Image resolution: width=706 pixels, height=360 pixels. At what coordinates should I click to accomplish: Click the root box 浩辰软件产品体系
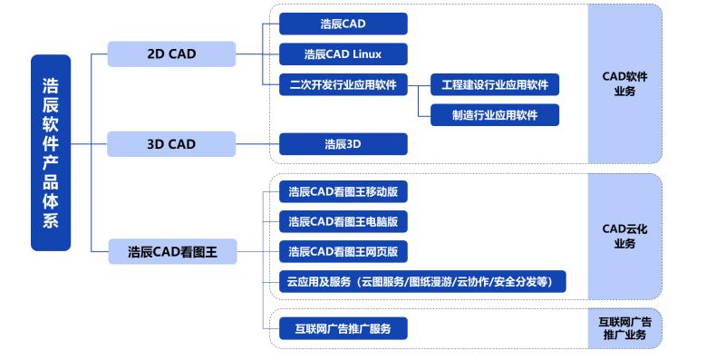click(51, 152)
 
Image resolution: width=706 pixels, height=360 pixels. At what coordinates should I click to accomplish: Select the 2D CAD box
click(170, 54)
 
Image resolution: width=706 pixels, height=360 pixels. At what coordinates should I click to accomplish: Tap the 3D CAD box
click(170, 143)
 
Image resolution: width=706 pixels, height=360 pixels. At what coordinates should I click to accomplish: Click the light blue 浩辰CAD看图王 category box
click(170, 250)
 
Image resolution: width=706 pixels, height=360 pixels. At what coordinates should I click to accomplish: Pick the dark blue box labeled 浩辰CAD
click(343, 24)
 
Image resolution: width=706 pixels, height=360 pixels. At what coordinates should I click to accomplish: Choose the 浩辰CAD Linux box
click(343, 54)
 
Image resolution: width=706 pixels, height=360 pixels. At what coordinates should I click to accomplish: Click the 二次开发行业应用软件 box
click(343, 84)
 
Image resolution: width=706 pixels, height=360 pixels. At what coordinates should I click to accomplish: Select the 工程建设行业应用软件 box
click(494, 84)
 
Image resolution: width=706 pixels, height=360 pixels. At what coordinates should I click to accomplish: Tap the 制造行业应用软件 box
click(494, 114)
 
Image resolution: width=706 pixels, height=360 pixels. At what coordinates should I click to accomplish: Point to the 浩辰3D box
click(343, 143)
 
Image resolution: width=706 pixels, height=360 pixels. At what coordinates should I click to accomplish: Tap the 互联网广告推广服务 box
click(343, 327)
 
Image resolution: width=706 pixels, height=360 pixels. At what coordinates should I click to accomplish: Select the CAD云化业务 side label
click(624, 236)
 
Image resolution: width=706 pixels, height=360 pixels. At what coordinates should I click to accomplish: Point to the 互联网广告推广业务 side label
click(624, 328)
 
